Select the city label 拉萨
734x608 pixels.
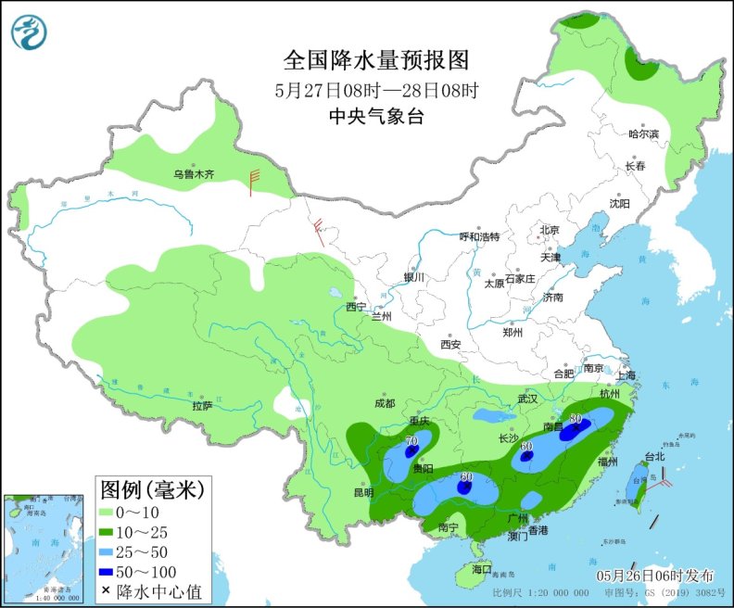203,406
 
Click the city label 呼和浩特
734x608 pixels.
479,236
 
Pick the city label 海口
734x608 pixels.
480,569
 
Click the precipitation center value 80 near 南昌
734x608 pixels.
576,419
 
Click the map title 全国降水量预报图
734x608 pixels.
376,60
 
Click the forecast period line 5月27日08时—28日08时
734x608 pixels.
376,90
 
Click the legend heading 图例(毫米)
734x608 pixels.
151,487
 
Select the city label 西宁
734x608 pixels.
356,307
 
